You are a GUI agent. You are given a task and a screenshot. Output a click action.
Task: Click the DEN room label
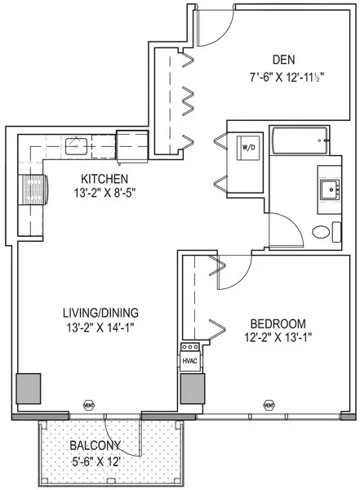283,59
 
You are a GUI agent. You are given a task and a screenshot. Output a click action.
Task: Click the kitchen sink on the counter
77,146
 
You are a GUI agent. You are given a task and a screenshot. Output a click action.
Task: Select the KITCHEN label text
102,179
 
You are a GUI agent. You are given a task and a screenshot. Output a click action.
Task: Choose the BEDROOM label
278,323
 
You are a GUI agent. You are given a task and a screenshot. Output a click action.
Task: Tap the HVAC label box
189,359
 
